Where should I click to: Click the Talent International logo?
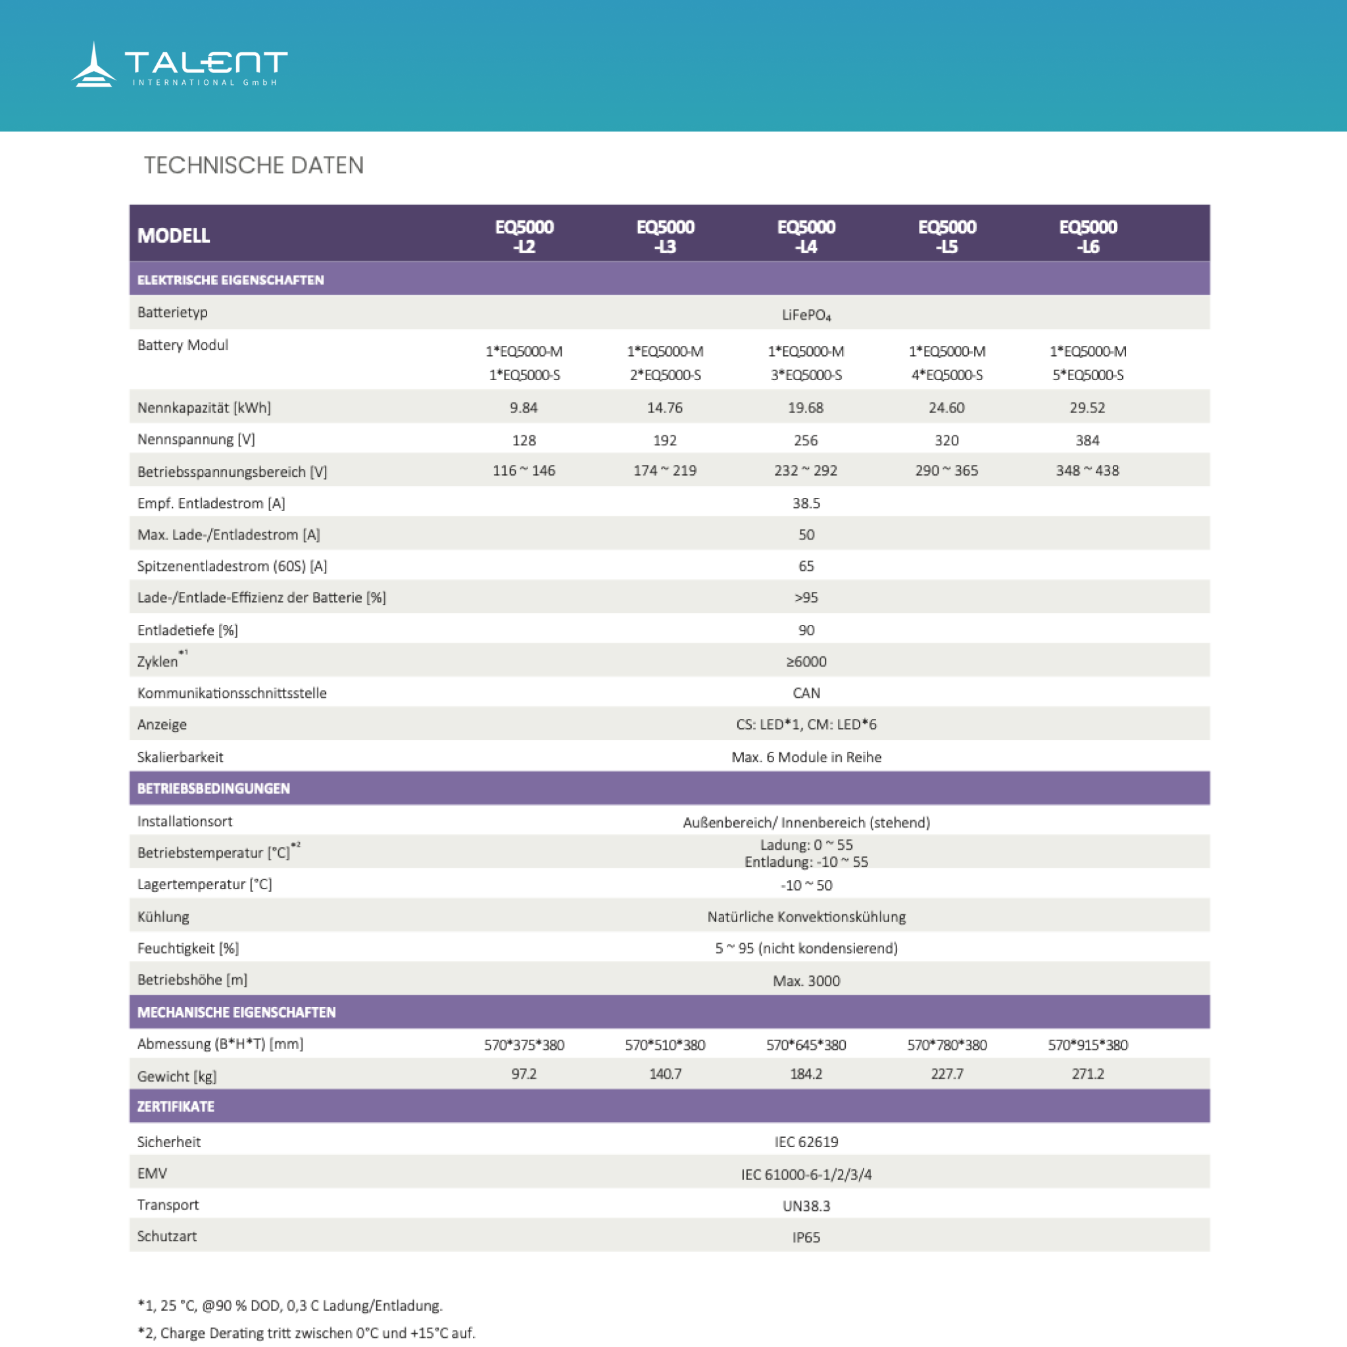tap(179, 65)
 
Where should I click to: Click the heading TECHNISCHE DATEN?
tap(254, 165)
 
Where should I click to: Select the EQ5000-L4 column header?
tap(806, 236)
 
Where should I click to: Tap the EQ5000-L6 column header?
tap(1088, 236)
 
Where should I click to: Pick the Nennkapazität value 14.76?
tap(664, 407)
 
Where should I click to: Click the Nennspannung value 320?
tap(946, 440)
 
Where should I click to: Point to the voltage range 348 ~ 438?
tap(1087, 471)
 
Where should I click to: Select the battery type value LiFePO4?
tap(806, 315)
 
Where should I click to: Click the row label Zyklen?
tap(159, 661)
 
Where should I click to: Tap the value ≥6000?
tap(806, 662)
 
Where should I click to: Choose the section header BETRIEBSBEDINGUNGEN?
tap(213, 789)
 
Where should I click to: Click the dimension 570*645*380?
tap(806, 1044)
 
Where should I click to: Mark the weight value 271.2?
tap(1088, 1073)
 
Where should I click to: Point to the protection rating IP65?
tap(806, 1237)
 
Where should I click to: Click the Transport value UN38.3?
tap(806, 1206)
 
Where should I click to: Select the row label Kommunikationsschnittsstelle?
tap(232, 693)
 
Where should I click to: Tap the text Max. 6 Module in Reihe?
tap(806, 757)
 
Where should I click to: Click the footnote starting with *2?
tap(306, 1333)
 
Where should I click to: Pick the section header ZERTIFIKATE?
tap(176, 1106)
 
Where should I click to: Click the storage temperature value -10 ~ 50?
tap(806, 885)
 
